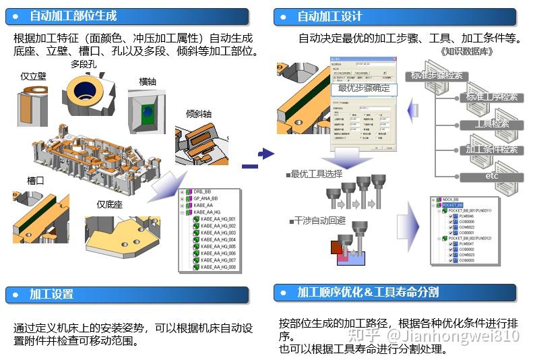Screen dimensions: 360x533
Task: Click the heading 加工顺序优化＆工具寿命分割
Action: pos(368,292)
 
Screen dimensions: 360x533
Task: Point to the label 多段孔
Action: pos(84,65)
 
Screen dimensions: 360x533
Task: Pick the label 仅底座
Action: pos(109,204)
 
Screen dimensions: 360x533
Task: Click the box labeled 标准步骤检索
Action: pos(437,76)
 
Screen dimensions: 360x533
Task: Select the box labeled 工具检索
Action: pos(491,124)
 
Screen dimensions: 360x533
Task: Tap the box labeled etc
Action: pos(491,176)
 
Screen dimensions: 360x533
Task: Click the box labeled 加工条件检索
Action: pos(491,150)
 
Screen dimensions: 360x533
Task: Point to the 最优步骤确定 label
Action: pos(363,88)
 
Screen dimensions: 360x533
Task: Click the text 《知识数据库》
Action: pos(466,51)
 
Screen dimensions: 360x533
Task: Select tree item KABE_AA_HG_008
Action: pos(218,267)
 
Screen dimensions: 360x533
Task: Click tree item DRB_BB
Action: pos(206,191)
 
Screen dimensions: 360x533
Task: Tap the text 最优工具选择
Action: pos(315,174)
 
